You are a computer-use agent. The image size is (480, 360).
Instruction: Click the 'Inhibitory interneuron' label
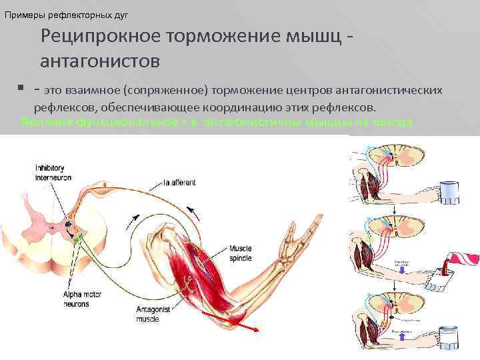click(53, 172)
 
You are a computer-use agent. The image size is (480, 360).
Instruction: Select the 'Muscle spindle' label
click(239, 253)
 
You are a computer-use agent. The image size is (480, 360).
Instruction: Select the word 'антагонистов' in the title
click(100, 62)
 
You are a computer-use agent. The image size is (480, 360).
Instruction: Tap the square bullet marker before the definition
click(21, 87)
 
